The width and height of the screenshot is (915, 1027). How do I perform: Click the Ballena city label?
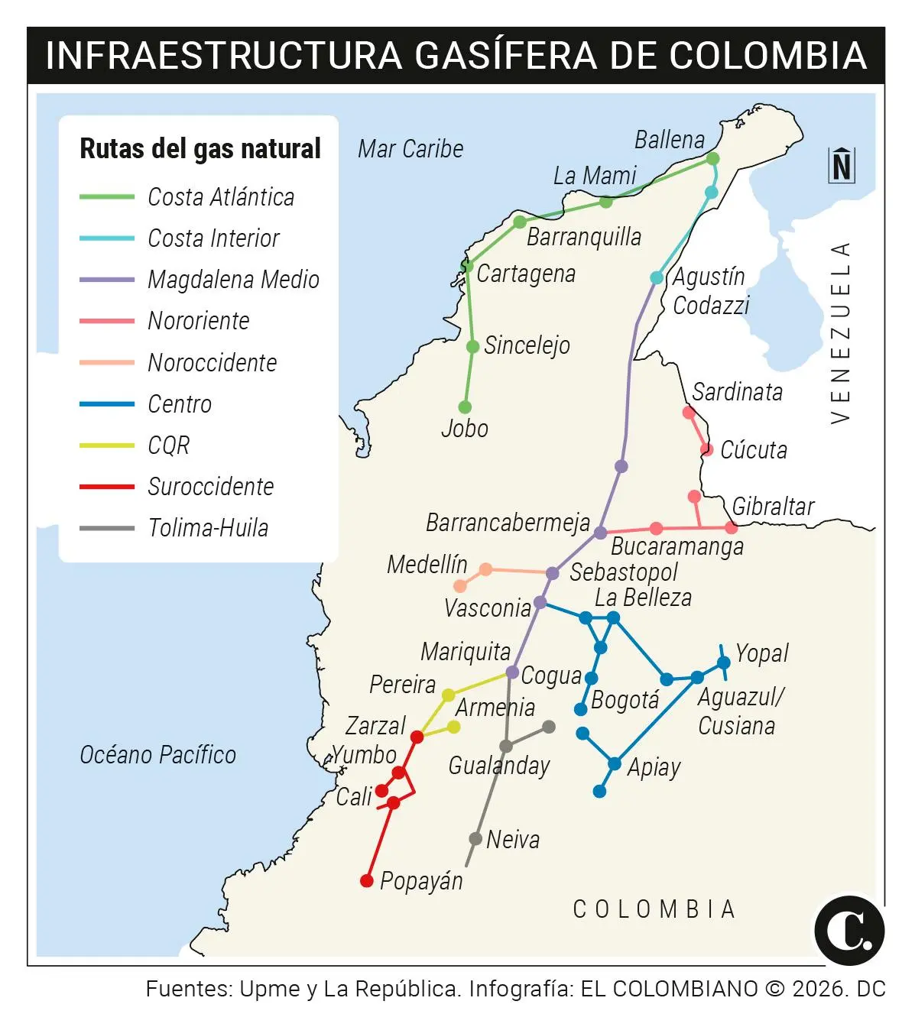[x=670, y=140]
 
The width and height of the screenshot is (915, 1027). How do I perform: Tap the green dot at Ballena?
[x=712, y=158]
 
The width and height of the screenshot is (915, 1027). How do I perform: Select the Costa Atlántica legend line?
[x=107, y=197]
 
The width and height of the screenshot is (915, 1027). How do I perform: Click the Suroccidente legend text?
[x=210, y=487]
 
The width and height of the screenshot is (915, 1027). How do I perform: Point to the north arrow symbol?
[x=842, y=165]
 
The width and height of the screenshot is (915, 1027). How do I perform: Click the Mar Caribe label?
[x=410, y=149]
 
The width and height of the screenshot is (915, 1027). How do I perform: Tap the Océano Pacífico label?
[x=158, y=755]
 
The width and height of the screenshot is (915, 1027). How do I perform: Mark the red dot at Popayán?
[x=367, y=881]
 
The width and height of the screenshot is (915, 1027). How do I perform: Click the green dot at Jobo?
[x=465, y=407]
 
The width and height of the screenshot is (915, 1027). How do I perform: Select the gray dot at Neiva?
[x=475, y=839]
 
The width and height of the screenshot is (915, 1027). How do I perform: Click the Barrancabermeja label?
[x=508, y=523]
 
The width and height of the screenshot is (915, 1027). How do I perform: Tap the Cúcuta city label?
[x=754, y=450]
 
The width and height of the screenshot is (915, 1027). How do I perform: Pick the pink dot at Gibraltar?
[x=732, y=527]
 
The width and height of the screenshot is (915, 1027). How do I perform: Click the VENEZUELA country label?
[x=840, y=332]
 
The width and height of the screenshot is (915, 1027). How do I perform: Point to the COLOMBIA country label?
[x=654, y=909]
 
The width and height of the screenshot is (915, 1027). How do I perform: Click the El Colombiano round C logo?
[x=849, y=931]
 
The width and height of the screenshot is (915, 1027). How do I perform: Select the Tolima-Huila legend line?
[x=107, y=528]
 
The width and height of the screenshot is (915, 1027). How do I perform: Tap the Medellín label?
[x=427, y=565]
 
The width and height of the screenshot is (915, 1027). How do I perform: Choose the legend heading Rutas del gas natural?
[x=200, y=148]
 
